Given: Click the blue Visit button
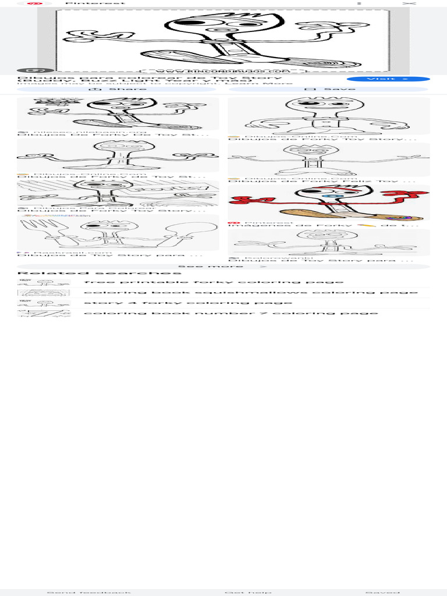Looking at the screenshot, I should click(388, 79).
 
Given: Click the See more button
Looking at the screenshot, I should click(223, 267).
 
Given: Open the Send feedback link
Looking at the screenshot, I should click(89, 593).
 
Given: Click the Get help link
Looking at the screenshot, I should click(248, 593).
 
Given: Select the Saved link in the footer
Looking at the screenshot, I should click(382, 593).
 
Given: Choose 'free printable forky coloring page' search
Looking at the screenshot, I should click(214, 282).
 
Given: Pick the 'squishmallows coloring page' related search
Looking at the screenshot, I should click(250, 292).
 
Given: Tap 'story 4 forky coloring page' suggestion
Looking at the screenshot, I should click(187, 303).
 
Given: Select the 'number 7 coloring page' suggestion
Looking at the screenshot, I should click(230, 313).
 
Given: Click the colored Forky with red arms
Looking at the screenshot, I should click(328, 203).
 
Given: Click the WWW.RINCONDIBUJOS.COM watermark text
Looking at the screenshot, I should click(224, 70).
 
